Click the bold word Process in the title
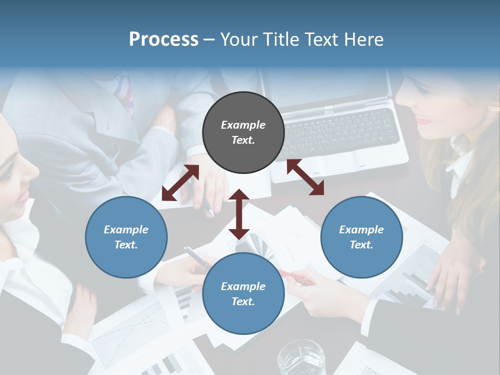(x=164, y=40)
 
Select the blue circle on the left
(x=126, y=237)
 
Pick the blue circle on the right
(x=361, y=237)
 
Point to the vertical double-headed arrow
(x=239, y=214)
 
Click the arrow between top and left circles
(x=180, y=183)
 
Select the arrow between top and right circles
(x=305, y=177)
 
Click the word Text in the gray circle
(x=243, y=140)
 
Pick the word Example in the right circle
(x=361, y=230)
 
